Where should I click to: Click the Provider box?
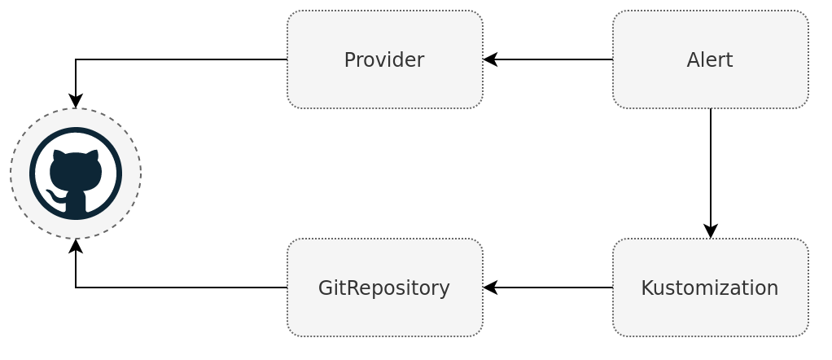pyautogui.click(x=384, y=59)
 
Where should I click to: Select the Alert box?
pyautogui.click(x=710, y=59)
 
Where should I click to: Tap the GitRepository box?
pyautogui.click(x=384, y=288)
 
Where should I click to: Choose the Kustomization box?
pyautogui.click(x=710, y=288)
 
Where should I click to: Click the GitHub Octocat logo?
pyautogui.click(x=76, y=173)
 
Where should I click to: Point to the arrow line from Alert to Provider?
pyautogui.click(x=554, y=59)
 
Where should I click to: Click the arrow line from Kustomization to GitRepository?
pyautogui.click(x=554, y=288)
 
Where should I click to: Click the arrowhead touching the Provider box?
pyautogui.click(x=489, y=59)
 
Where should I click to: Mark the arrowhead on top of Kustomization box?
pyautogui.click(x=711, y=232)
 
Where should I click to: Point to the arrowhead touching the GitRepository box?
pyautogui.click(x=489, y=288)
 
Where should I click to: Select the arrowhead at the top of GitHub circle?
pyautogui.click(x=76, y=102)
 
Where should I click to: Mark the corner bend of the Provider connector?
pyautogui.click(x=76, y=59)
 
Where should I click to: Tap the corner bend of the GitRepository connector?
pyautogui.click(x=76, y=288)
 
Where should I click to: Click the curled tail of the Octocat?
pyautogui.click(x=54, y=195)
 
